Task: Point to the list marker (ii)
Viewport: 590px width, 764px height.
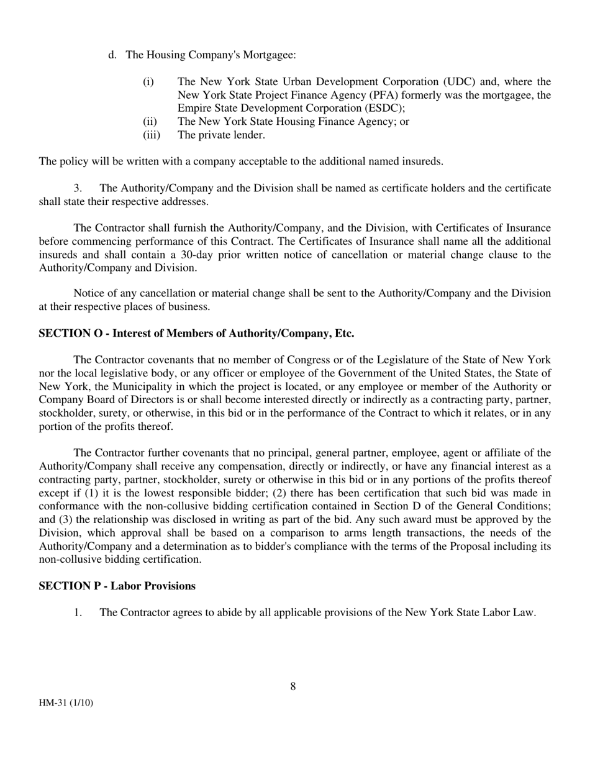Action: coord(150,122)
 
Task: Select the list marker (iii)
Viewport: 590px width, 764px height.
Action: coord(151,135)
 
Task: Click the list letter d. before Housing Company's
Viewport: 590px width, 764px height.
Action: coord(112,55)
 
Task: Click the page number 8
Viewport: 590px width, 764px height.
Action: coord(293,686)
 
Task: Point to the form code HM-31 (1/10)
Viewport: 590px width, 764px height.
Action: coord(66,703)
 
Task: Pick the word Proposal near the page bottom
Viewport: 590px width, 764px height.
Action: coord(470,546)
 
